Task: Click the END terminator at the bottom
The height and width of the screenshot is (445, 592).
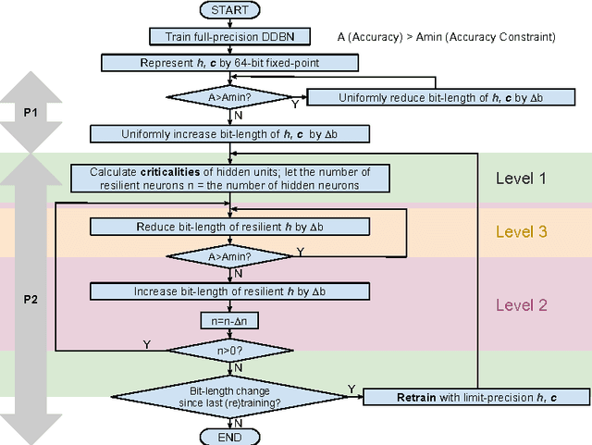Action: click(x=230, y=436)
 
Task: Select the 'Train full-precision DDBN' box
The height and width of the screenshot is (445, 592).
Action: click(x=230, y=37)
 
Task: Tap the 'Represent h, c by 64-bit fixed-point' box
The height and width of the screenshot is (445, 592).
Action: click(x=230, y=62)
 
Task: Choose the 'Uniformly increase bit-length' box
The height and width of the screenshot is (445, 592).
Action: click(x=230, y=134)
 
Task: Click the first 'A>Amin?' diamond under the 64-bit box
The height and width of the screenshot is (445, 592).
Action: click(x=230, y=97)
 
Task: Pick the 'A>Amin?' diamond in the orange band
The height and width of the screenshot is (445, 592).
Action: click(x=230, y=255)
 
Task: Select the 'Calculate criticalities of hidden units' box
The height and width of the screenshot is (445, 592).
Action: click(x=230, y=178)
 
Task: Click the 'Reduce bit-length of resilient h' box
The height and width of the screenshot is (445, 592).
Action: click(x=230, y=227)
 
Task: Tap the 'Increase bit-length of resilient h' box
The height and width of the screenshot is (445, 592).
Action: click(x=230, y=291)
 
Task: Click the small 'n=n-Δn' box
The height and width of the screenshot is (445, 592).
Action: click(x=230, y=321)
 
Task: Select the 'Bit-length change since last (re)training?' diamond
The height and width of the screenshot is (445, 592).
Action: click(x=230, y=396)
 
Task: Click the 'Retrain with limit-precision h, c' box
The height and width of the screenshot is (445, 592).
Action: click(x=475, y=397)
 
